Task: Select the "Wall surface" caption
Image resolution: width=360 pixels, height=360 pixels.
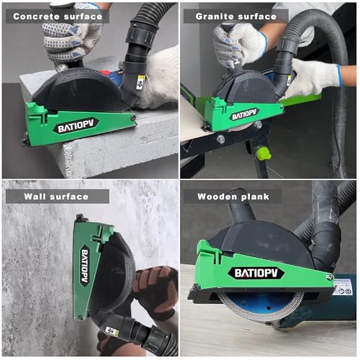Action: (x=55, y=196)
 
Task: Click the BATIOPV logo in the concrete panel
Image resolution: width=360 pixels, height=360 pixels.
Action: (x=75, y=127)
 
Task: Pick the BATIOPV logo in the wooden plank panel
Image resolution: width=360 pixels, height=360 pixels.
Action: (x=257, y=273)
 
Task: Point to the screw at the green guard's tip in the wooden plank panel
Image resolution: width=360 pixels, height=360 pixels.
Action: (x=329, y=276)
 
